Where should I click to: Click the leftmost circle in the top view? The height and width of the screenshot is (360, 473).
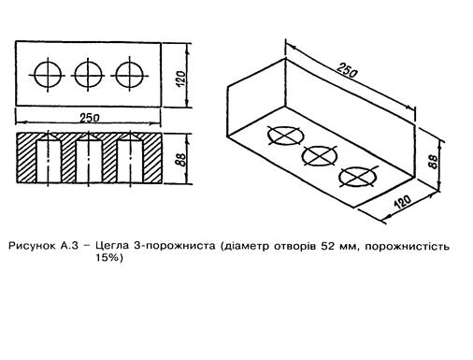coord(35,75)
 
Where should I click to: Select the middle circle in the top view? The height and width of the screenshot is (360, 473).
coord(75,75)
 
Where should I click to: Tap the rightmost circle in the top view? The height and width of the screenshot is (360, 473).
coord(116,75)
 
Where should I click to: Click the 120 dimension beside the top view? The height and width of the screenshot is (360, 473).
coord(181,79)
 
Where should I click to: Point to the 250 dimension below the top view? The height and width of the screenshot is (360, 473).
coord(90,118)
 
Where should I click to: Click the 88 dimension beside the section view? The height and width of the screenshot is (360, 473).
coord(181,160)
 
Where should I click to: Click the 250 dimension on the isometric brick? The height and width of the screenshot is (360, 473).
coord(347,70)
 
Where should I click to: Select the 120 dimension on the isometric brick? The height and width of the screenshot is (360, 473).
coord(402,202)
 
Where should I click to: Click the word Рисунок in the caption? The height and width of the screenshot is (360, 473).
coord(32,246)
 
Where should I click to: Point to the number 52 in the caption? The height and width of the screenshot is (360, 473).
coord(326,246)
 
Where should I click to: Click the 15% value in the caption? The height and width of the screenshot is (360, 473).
coord(107,258)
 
